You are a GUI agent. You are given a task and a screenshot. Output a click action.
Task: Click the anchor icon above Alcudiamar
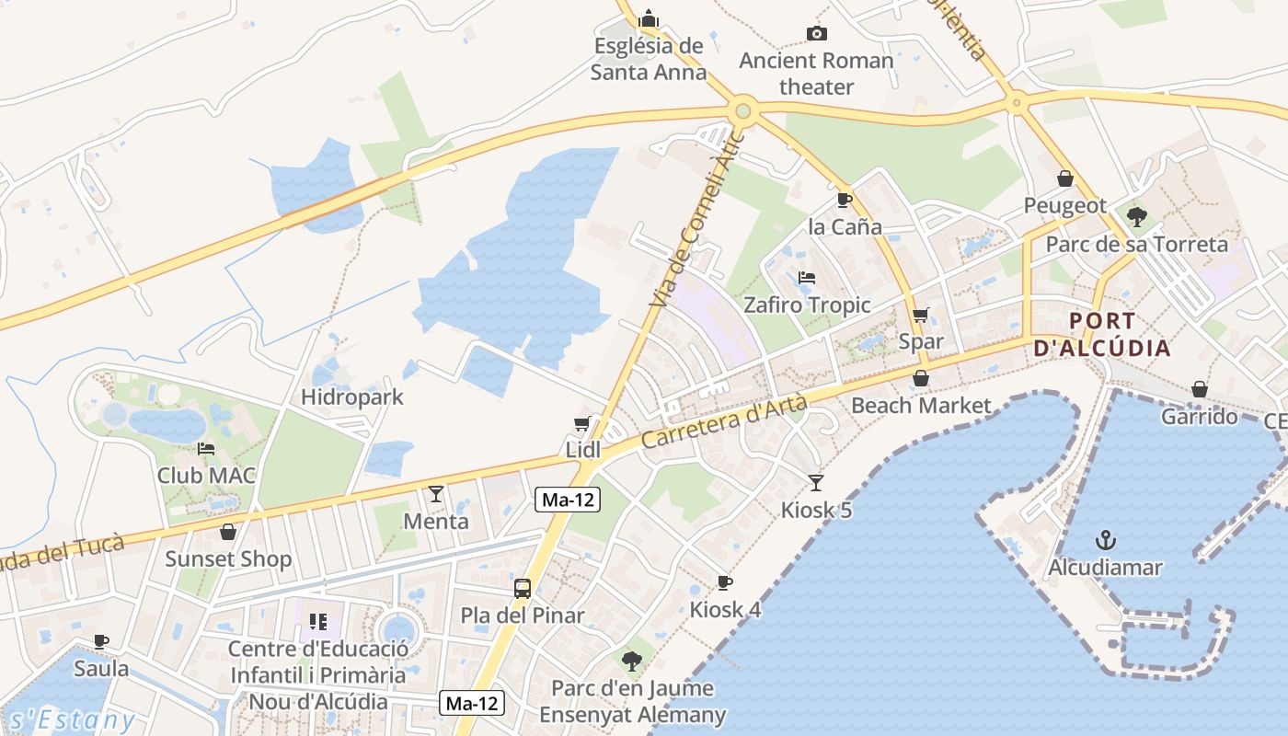point(1105,540)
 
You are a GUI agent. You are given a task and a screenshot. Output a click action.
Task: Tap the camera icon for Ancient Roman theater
point(816,34)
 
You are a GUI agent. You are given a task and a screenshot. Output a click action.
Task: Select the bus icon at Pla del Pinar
point(522,589)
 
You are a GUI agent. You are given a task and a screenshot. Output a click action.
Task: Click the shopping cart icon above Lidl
point(581,423)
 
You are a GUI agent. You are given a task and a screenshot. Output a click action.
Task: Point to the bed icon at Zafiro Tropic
point(807,277)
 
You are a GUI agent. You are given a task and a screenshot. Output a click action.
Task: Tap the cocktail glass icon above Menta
point(436,494)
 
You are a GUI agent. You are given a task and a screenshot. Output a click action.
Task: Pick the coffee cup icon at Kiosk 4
point(725,582)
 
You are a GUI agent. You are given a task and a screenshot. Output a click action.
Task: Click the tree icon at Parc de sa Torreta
point(1137,217)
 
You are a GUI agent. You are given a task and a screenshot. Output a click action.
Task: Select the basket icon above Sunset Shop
point(228,532)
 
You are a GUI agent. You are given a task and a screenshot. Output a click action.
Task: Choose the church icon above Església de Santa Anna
point(649,18)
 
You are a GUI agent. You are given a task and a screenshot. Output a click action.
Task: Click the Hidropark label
point(352,397)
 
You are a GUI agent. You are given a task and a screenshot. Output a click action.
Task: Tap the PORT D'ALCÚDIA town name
point(1102,335)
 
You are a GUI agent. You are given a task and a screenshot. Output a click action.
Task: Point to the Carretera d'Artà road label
point(724,422)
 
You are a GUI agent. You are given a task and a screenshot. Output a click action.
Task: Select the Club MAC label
point(206,476)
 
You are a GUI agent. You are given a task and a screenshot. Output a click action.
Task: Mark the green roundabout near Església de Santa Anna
point(743,112)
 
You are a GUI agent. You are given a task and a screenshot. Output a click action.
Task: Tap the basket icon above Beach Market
point(921,378)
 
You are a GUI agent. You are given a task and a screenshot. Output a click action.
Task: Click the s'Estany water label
point(70,719)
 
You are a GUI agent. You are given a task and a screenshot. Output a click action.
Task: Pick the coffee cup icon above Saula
point(101,641)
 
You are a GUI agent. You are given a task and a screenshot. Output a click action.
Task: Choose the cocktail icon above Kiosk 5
point(816,482)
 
